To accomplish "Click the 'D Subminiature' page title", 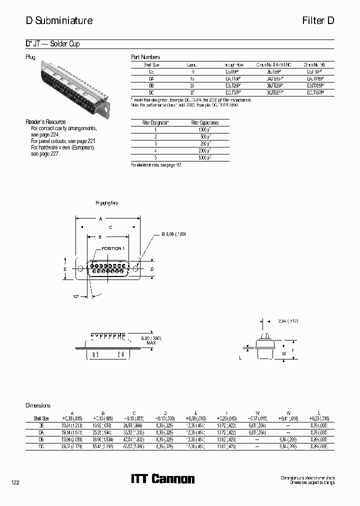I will click(x=59, y=21).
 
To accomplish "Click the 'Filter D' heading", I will click(x=317, y=21).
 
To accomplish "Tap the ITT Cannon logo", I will click(x=163, y=479).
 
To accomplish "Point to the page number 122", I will click(x=15, y=482).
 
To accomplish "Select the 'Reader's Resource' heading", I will click(x=45, y=122).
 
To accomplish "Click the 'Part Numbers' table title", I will click(x=145, y=57).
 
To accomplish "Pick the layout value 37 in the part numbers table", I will click(x=192, y=92).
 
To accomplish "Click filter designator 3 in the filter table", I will click(x=155, y=143).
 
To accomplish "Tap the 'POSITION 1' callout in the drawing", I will click(x=113, y=248).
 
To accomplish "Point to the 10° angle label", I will click(x=75, y=296).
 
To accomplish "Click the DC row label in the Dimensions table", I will click(x=40, y=445).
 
